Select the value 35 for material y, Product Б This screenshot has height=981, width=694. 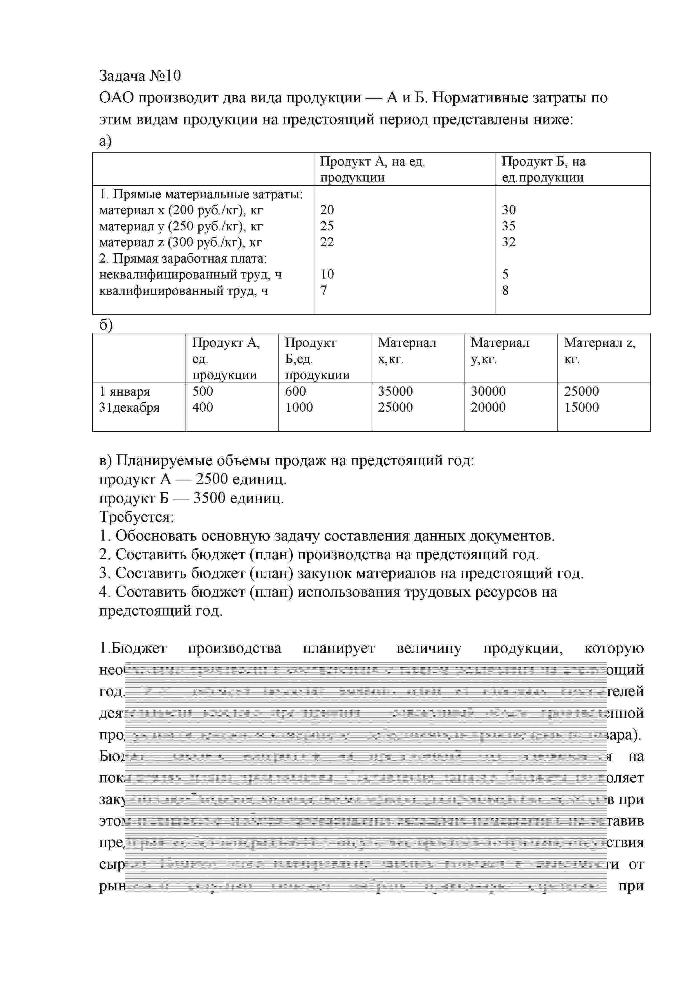pos(508,226)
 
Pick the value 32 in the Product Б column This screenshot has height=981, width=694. pos(508,242)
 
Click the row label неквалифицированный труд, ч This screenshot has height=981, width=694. pos(190,274)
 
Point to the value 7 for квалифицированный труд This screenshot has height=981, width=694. pos(324,291)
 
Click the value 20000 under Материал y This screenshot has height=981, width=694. pos(488,407)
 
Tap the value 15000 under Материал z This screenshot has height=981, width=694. pos(581,407)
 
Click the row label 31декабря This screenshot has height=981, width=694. pos(129,407)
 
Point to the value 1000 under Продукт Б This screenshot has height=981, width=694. pos(299,407)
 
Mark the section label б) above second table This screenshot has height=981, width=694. pos(105,326)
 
